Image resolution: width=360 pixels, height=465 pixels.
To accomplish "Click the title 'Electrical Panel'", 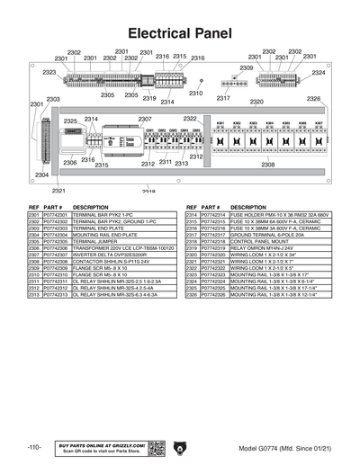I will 180,33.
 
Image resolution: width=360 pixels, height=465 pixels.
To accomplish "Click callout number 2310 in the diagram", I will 195,93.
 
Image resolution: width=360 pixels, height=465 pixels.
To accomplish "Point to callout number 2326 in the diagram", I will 313,98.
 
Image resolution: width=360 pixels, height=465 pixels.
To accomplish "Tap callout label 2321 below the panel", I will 58,191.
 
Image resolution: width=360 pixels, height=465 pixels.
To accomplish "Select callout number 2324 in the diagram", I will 319,72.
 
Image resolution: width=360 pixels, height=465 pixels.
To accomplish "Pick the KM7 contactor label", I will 319,123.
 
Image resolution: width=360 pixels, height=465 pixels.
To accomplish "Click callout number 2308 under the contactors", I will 268,165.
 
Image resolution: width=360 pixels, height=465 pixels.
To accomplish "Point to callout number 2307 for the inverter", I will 144,119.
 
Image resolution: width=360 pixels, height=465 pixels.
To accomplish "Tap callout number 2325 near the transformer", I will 70,121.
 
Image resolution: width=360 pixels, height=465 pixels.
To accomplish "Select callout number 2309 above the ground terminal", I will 246,68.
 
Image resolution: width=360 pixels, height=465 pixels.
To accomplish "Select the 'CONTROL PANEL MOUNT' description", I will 258,242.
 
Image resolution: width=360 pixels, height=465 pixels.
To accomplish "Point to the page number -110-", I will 35,447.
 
